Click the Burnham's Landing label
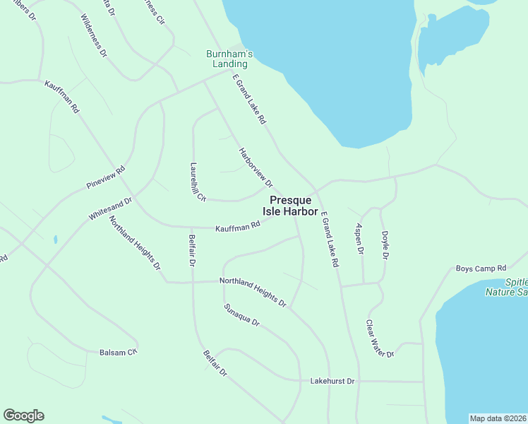[x=229, y=59]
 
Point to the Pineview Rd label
[x=105, y=177]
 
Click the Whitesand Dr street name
[x=111, y=209]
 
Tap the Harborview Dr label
[x=256, y=167]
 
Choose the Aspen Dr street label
[x=359, y=238]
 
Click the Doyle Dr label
[x=385, y=245]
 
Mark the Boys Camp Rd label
[x=481, y=269]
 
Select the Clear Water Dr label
[x=378, y=338]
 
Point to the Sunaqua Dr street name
[x=242, y=315]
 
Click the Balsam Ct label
[x=118, y=351]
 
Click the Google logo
[x=23, y=416]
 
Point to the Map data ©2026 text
[x=498, y=418]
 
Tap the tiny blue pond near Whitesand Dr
[x=55, y=240]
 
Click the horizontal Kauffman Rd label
[x=238, y=225]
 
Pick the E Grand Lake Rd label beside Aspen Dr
[x=330, y=239]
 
